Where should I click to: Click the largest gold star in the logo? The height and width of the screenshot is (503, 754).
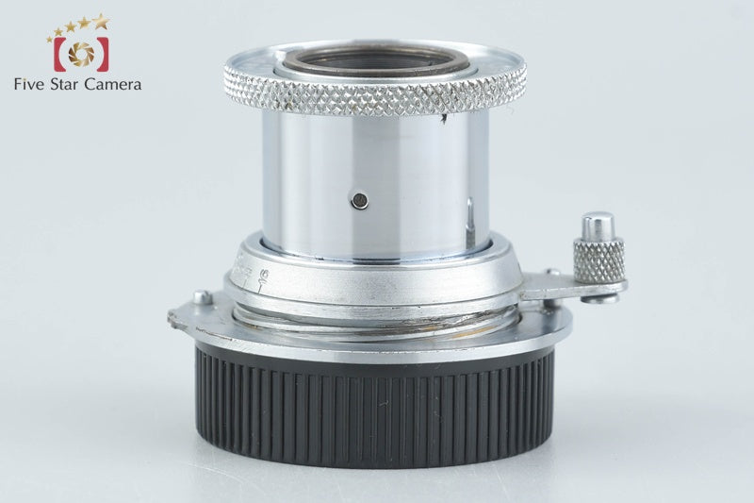tap(101, 21)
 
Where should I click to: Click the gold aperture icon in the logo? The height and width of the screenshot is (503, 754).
tap(79, 54)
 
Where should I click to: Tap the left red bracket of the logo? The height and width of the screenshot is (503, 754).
tap(57, 54)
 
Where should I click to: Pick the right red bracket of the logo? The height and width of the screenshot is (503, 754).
tap(102, 54)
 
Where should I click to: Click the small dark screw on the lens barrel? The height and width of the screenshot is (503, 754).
tap(358, 199)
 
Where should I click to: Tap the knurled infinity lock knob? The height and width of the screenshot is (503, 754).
tap(598, 256)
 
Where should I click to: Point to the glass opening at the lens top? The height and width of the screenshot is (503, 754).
tap(375, 59)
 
